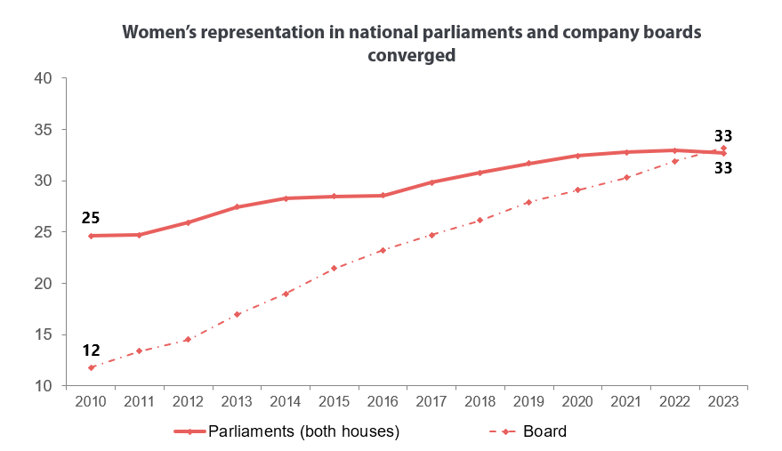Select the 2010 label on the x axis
[91, 402]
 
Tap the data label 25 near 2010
[90, 217]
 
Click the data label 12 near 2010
[90, 350]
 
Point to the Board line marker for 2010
[91, 367]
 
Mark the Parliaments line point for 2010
[91, 236]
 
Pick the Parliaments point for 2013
[237, 206]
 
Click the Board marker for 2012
[188, 339]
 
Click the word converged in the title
[412, 54]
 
